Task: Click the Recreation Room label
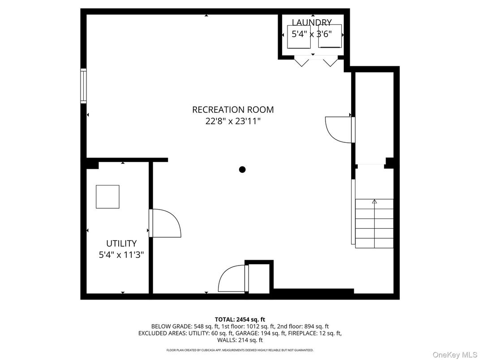coord(233,110)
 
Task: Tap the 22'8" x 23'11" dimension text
coord(233,121)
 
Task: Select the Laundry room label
coord(312,22)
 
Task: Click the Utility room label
coord(121,244)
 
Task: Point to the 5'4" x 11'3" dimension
coord(121,255)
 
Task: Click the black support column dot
coord(242,169)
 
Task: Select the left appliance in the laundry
coord(299,36)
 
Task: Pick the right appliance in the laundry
coord(330,36)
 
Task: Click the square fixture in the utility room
coord(107,197)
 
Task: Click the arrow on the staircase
coord(374,202)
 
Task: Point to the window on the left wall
coord(83,86)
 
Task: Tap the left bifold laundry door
coord(301,61)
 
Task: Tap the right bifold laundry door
coord(330,61)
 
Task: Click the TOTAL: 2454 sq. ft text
coord(240,319)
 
